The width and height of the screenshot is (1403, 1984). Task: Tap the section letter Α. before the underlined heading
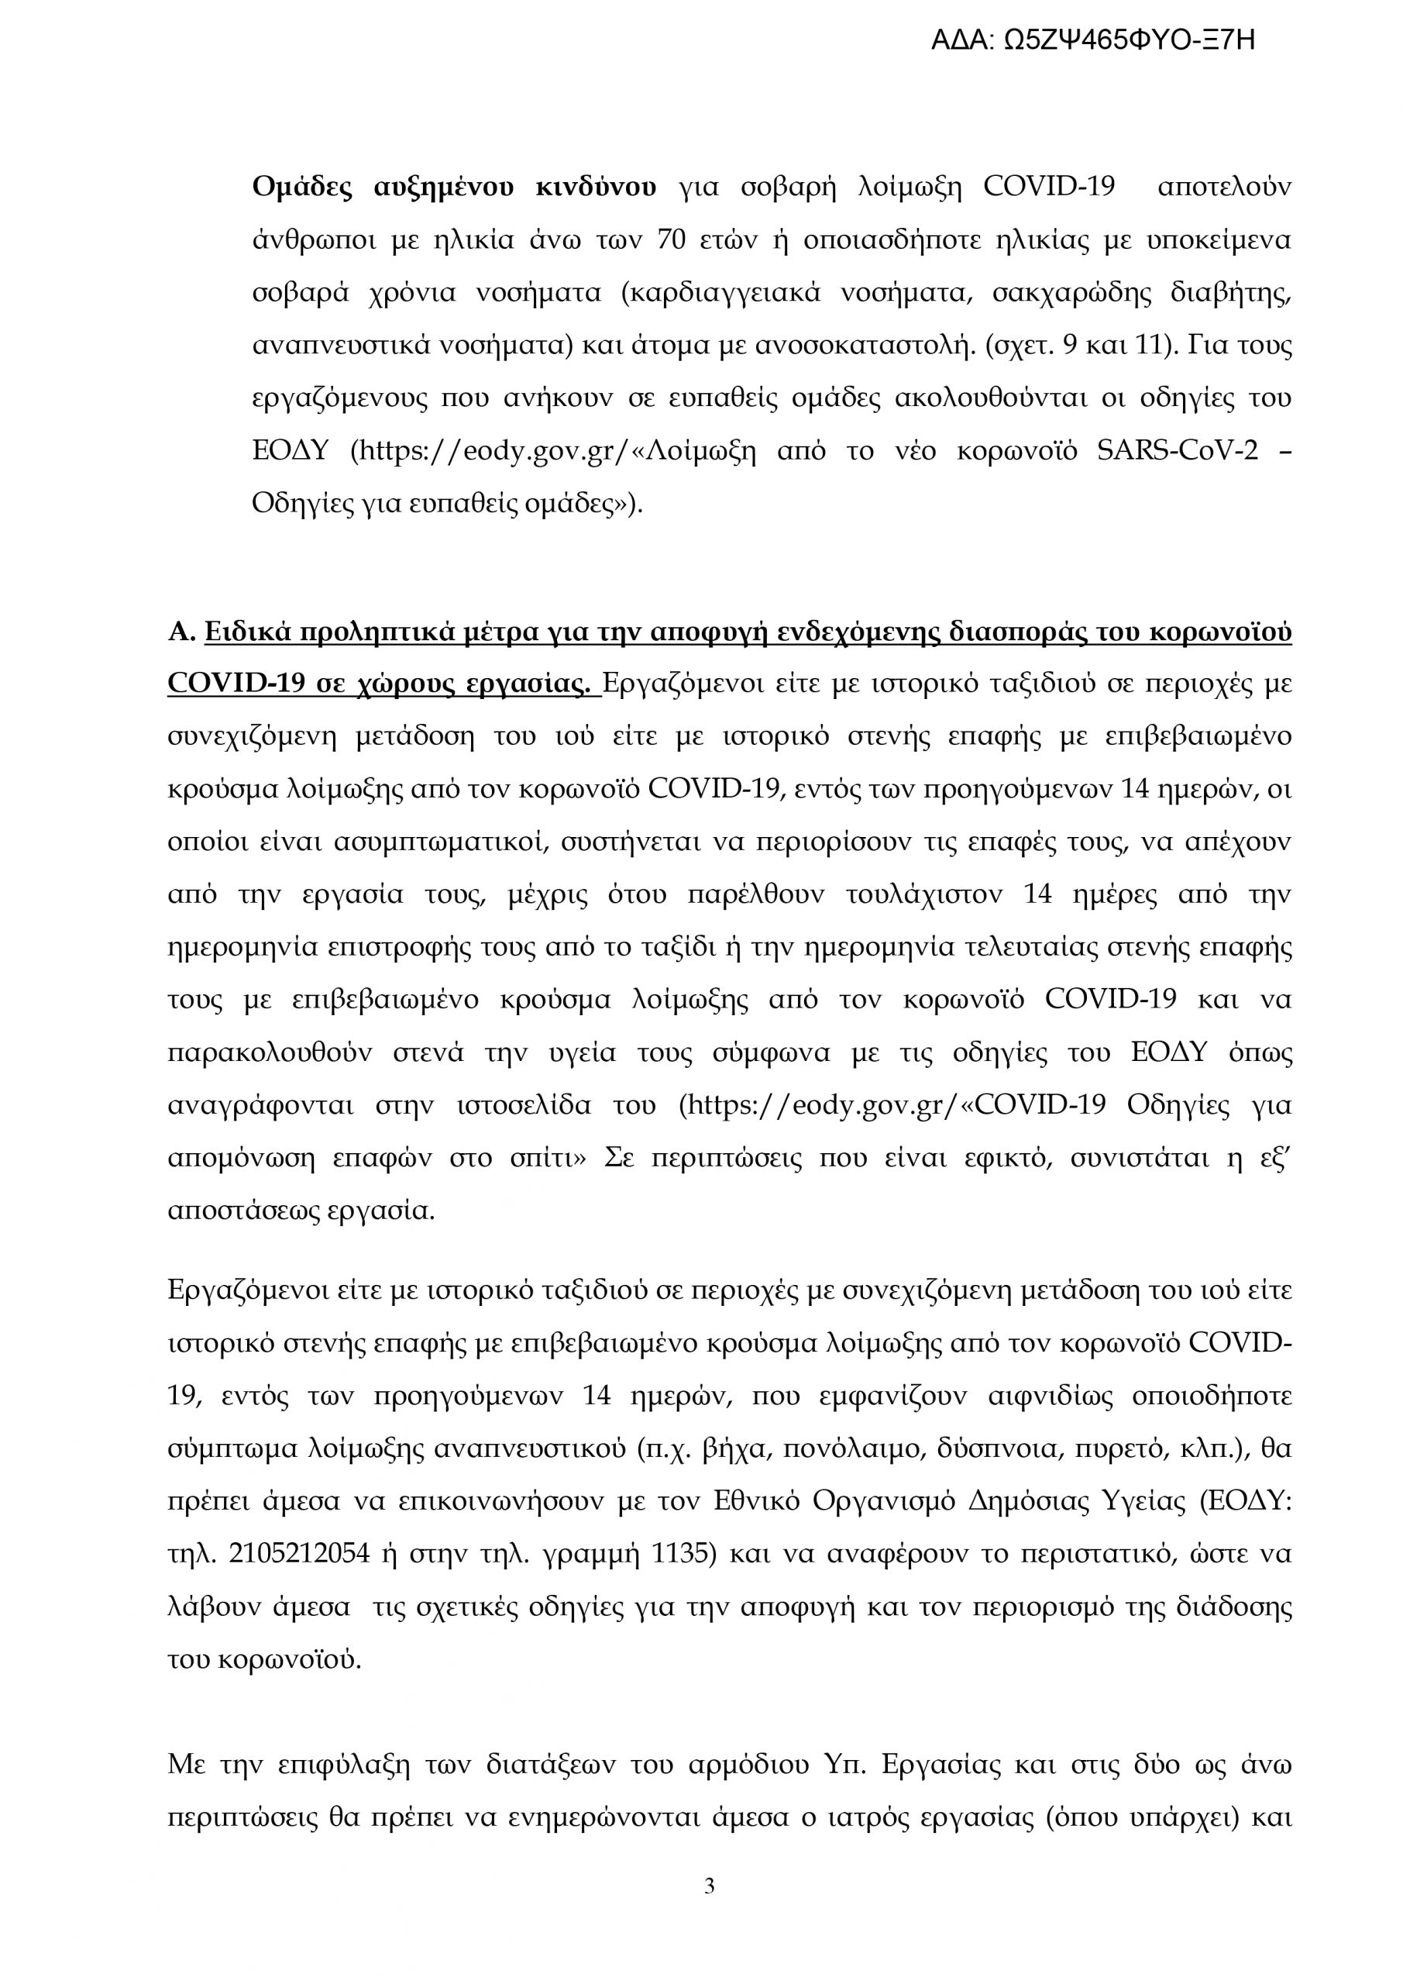click(x=181, y=633)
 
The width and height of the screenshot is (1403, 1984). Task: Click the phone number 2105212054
click(x=299, y=1553)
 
